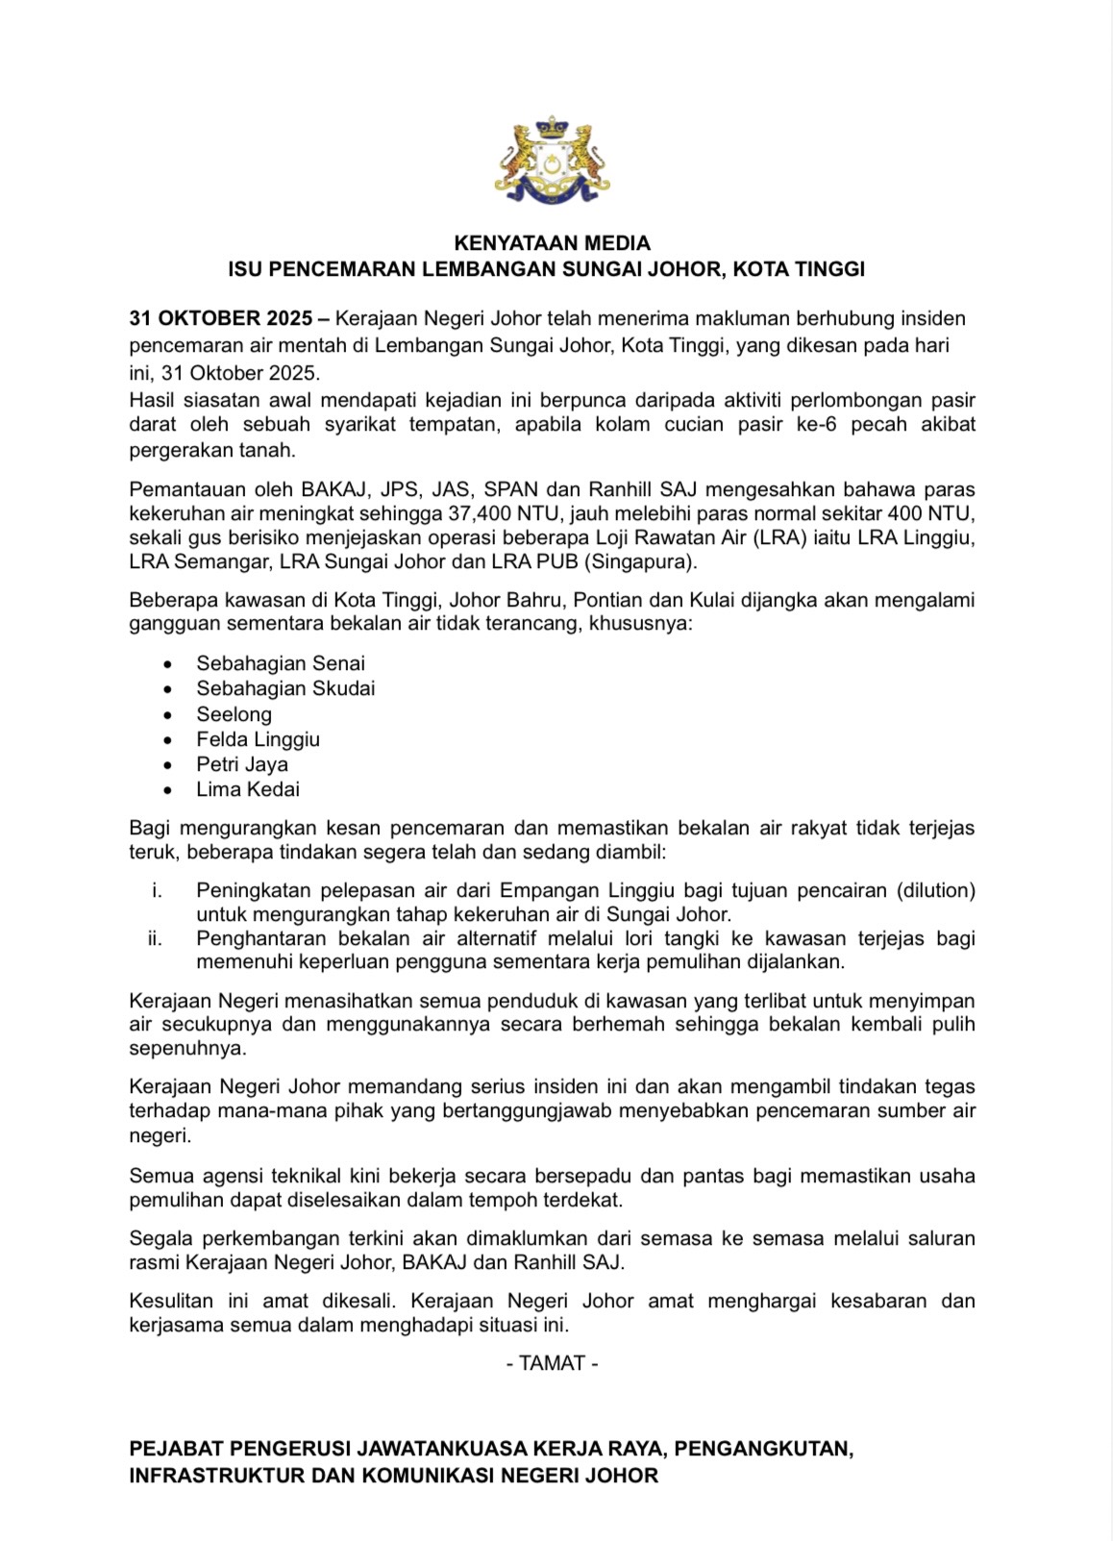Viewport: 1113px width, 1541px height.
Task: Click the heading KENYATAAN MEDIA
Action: [x=552, y=243]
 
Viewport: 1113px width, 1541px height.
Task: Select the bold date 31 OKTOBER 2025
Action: [x=220, y=318]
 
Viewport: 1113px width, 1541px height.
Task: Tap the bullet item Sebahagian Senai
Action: [x=281, y=663]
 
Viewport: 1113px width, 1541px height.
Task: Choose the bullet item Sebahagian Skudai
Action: [x=285, y=688]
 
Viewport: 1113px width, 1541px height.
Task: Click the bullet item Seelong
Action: [x=235, y=714]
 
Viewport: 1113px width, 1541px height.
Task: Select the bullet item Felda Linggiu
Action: [x=258, y=739]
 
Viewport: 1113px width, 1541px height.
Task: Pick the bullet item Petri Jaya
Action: [x=242, y=764]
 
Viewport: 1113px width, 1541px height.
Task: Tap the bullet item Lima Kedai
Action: [x=248, y=789]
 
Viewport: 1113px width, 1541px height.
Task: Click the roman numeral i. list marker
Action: [x=158, y=891]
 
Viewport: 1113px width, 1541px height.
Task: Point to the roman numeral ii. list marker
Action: [x=156, y=938]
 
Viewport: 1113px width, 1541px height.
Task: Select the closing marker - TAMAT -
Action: [x=553, y=1363]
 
